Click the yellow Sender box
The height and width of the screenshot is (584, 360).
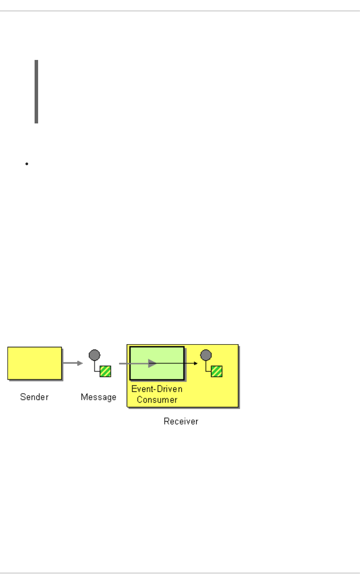tap(35, 363)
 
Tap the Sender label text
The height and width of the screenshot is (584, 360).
tap(34, 397)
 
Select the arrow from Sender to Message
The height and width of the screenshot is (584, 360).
tap(73, 363)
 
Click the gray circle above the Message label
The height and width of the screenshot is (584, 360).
tap(94, 355)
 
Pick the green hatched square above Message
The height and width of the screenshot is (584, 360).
tap(105, 371)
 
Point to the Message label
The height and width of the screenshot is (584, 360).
tap(98, 397)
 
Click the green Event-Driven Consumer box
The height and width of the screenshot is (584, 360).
tap(157, 363)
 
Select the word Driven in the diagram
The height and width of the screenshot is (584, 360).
tap(170, 389)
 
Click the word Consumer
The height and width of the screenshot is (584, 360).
tap(157, 400)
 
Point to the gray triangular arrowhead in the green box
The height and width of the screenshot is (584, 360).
tap(152, 363)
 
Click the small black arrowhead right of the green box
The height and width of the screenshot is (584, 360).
tap(196, 363)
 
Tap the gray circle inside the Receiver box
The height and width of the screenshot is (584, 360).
tap(206, 355)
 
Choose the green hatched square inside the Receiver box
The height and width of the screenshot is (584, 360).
tap(217, 371)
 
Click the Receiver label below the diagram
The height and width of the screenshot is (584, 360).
tap(181, 421)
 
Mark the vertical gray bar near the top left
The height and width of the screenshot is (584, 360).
tap(36, 92)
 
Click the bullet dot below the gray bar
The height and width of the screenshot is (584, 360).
tap(27, 164)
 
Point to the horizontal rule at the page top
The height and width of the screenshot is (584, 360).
tap(180, 11)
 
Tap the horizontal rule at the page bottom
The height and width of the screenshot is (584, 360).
tap(180, 573)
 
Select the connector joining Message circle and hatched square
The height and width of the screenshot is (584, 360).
tap(95, 369)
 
